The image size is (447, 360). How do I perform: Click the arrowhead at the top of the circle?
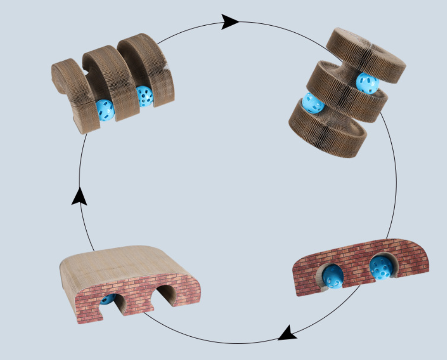230,22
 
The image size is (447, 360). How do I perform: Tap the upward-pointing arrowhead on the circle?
79,196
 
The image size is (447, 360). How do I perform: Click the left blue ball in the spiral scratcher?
105,110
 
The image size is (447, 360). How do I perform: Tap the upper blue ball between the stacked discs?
367,84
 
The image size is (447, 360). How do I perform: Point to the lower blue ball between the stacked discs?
313,103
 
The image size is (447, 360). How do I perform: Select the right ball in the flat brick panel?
383,268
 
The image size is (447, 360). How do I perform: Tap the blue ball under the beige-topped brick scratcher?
108,299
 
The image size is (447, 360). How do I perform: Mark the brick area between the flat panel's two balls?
358,273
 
